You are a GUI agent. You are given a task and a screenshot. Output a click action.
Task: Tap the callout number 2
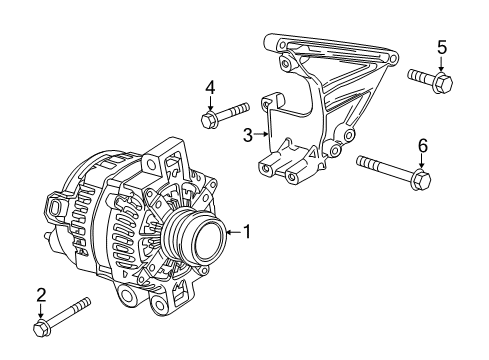click(x=41, y=294)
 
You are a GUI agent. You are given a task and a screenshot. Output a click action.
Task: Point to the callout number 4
click(x=210, y=87)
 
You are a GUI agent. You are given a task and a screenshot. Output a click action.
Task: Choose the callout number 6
click(x=422, y=146)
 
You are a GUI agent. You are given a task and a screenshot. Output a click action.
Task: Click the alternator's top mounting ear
click(x=166, y=157)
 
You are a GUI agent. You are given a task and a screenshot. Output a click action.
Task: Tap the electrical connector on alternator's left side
click(x=51, y=207)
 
